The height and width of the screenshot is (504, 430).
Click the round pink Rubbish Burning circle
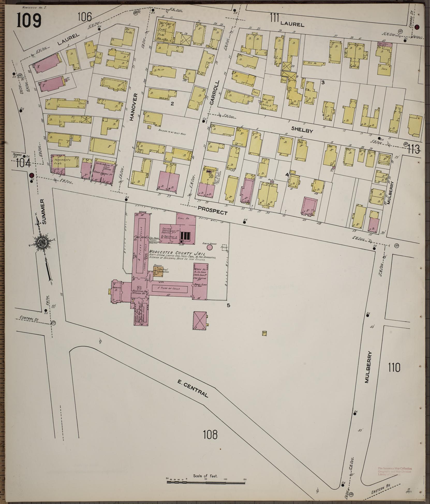(x=210, y=247)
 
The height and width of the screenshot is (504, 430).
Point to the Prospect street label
(x=212, y=211)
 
